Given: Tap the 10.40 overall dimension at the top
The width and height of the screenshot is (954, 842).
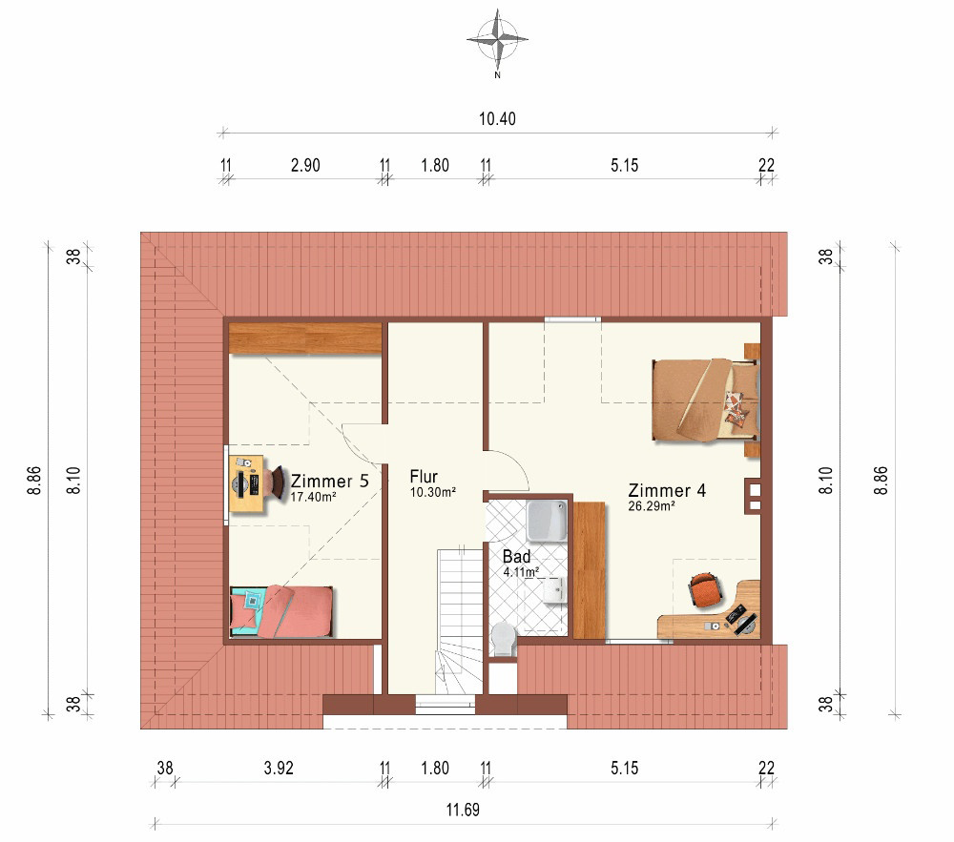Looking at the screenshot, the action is pos(497,118).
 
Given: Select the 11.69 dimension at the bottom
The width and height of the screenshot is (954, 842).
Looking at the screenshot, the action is pos(463,810).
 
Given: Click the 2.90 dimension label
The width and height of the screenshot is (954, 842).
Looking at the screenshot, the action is pos(305,165).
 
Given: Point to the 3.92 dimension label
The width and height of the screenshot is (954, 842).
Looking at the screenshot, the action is pos(279,768).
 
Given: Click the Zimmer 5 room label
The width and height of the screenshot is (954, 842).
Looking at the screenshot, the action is pos(330,481).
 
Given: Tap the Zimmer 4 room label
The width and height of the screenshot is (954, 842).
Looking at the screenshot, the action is pos(667,490).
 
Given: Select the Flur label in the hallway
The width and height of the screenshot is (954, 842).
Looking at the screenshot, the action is pos(424,477).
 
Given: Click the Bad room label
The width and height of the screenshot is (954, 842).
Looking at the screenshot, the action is pos(516,556).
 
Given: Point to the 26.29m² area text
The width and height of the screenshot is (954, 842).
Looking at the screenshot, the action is pos(651,505).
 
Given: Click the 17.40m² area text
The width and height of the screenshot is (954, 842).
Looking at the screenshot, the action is pos(313,497).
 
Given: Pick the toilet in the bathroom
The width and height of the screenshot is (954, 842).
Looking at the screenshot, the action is pos(503,639).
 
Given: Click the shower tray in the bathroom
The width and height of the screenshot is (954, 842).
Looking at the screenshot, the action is pos(547,521).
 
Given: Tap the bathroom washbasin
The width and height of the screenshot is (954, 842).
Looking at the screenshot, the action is pos(555,590).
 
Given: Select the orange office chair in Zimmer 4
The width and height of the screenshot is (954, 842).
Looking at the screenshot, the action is pos(705,588).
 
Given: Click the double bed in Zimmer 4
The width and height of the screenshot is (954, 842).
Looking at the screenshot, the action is pos(706,400).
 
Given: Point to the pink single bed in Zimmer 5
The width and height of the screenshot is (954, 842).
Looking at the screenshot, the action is pos(281,611).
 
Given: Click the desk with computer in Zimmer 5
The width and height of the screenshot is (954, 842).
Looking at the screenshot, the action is pos(248,483).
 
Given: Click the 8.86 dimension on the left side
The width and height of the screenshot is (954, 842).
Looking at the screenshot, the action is pos(34,481).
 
